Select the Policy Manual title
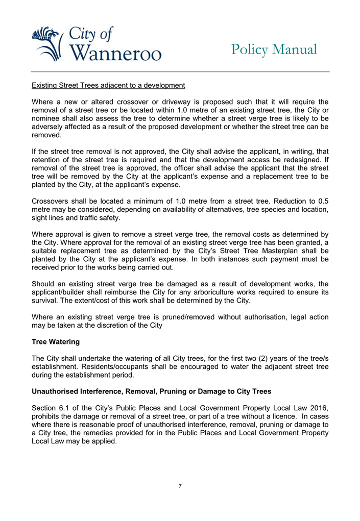coord(274,49)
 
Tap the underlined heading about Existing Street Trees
coord(108,84)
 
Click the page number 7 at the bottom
coord(180,485)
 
